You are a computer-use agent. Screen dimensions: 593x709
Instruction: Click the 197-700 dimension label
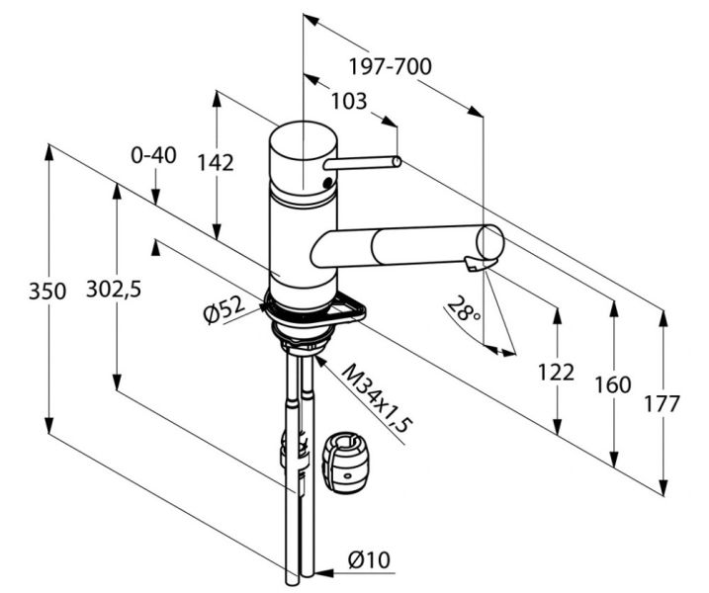point(391,68)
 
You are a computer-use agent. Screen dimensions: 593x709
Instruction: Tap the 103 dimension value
point(348,100)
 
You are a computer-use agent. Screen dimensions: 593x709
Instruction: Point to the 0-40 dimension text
point(153,155)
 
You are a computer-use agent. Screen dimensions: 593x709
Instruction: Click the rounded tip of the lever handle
point(397,162)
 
